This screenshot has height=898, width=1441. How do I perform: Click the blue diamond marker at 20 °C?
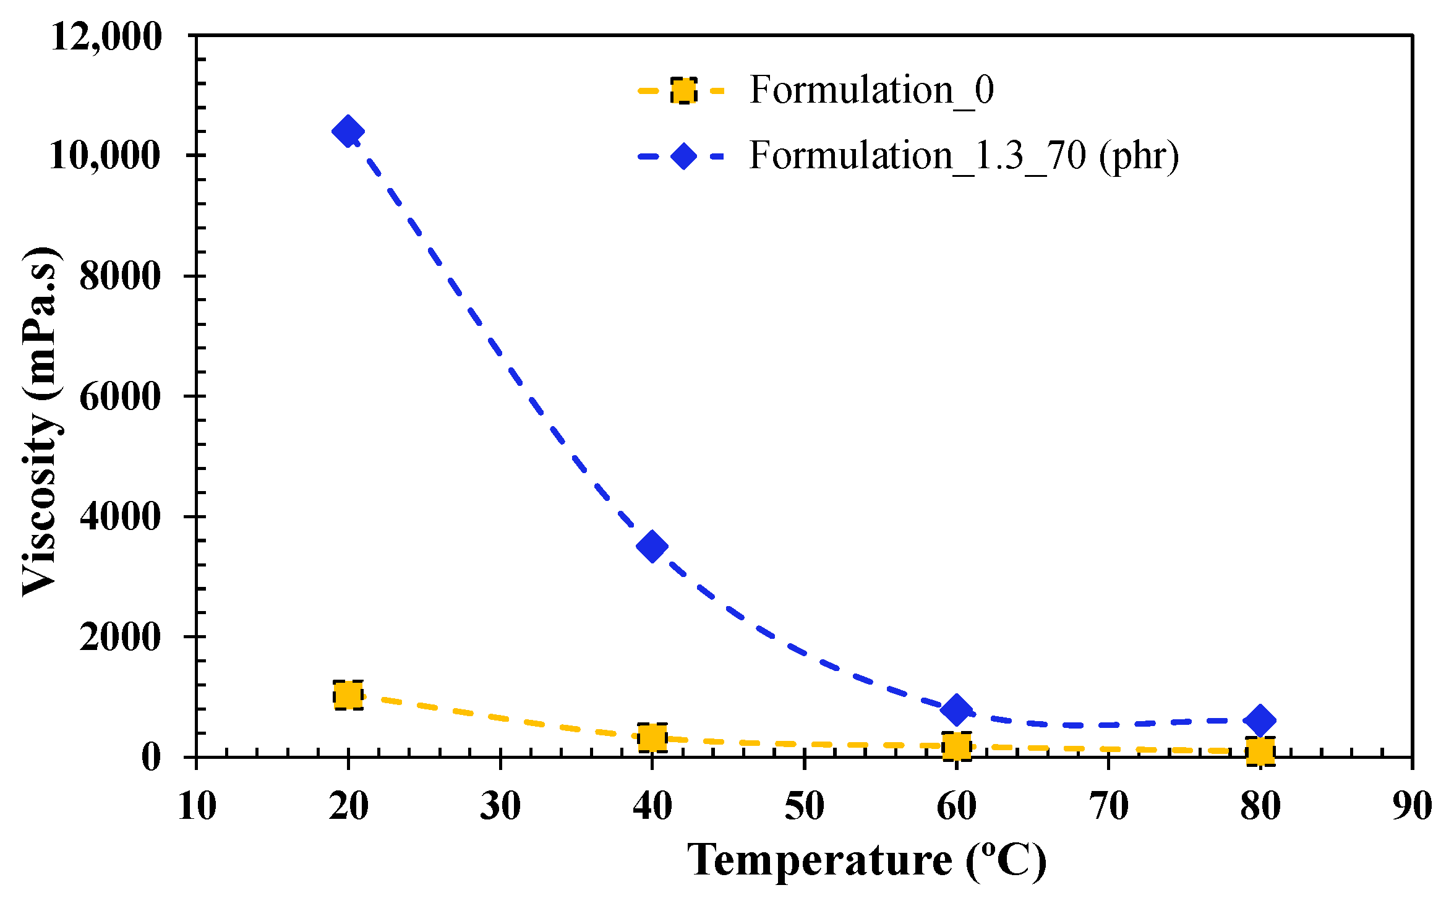(x=348, y=131)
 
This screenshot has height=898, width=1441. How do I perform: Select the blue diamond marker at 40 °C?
(x=652, y=546)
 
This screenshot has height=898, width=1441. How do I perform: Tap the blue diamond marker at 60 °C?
(x=956, y=709)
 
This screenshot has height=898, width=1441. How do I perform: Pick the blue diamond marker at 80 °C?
(x=1260, y=720)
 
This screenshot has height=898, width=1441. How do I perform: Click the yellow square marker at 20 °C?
(x=348, y=695)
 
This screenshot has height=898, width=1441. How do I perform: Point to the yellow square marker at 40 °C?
(x=652, y=737)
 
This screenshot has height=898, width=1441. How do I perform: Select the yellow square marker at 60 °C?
(x=956, y=746)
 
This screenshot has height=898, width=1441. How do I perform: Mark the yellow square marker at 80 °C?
(x=1260, y=751)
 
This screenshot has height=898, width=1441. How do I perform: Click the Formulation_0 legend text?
(x=871, y=90)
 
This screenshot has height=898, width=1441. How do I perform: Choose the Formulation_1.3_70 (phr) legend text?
(x=964, y=155)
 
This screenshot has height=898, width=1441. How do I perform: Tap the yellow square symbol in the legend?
(x=683, y=90)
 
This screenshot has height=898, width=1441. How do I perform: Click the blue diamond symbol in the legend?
(x=683, y=155)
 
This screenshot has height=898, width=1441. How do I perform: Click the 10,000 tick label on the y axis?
(x=105, y=155)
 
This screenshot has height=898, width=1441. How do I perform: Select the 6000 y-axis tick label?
(x=120, y=396)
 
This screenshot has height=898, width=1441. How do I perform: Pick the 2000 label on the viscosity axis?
(x=120, y=637)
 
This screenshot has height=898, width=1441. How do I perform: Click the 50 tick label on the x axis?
(x=804, y=807)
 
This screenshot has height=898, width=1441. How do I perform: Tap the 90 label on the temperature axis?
(x=1412, y=807)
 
